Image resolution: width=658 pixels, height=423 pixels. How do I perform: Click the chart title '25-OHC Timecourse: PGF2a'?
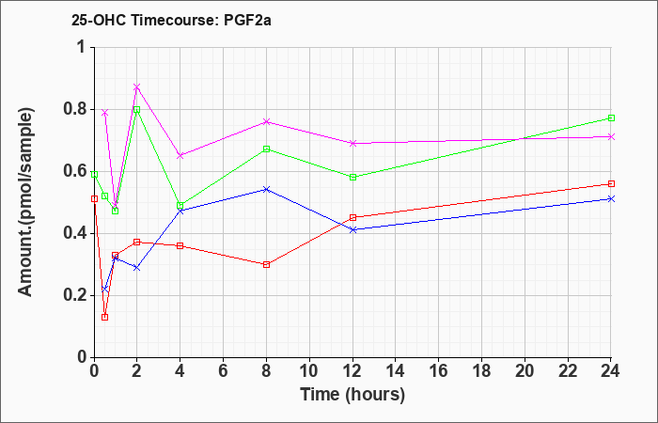pyautogui.click(x=171, y=20)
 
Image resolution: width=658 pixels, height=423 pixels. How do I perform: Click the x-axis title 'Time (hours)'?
pyautogui.click(x=352, y=395)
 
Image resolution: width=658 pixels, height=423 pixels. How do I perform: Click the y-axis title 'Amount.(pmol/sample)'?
pyautogui.click(x=25, y=202)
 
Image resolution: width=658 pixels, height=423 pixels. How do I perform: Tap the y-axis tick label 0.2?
pyautogui.click(x=76, y=296)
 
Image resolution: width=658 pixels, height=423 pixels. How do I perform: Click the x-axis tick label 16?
pyautogui.click(x=439, y=370)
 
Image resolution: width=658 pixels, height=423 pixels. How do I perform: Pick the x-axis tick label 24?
pyautogui.click(x=611, y=370)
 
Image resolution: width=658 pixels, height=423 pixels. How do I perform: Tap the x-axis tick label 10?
pyautogui.click(x=309, y=370)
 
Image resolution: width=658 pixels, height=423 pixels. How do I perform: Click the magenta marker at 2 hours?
pyautogui.click(x=137, y=86)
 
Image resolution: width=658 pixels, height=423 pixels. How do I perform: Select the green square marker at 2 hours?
pyautogui.click(x=137, y=110)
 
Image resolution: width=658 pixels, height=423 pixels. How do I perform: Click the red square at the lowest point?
pyautogui.click(x=105, y=318)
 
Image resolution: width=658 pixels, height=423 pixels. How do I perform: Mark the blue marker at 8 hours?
pyautogui.click(x=266, y=189)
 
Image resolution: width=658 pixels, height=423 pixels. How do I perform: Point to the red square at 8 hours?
pyautogui.click(x=266, y=264)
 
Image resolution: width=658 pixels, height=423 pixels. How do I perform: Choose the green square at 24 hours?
pyautogui.click(x=611, y=117)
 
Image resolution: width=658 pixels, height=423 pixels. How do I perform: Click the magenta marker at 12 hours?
pyautogui.click(x=352, y=143)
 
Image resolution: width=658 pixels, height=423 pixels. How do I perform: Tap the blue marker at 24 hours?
pyautogui.click(x=611, y=198)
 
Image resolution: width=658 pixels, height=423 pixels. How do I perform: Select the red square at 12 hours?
pyautogui.click(x=352, y=217)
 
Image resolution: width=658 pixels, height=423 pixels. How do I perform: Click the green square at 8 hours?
pyautogui.click(x=266, y=149)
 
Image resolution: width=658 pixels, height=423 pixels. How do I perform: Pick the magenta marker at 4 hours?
pyautogui.click(x=180, y=155)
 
